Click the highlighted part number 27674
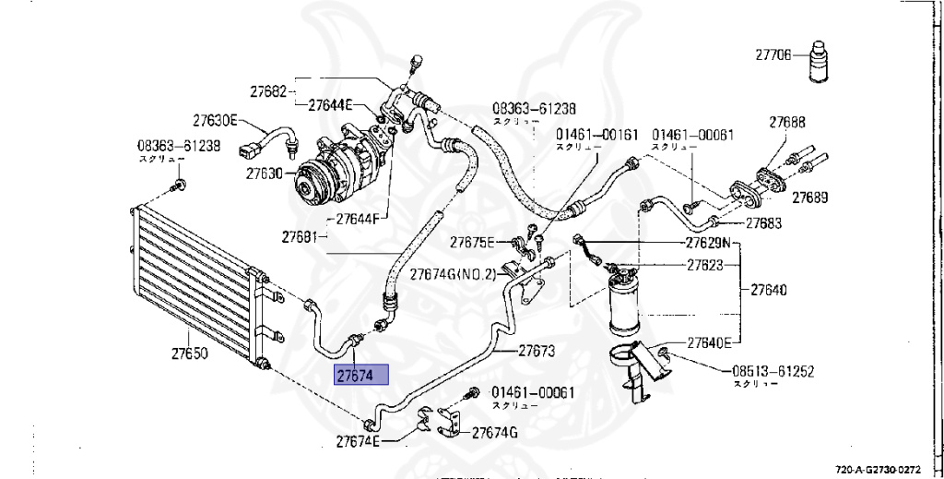pyautogui.click(x=362, y=376)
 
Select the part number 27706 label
pyautogui.click(x=773, y=55)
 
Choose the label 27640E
pyautogui.click(x=707, y=342)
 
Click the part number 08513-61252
pyautogui.click(x=774, y=371)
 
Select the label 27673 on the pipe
pyautogui.click(x=536, y=351)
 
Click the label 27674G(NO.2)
pyautogui.click(x=454, y=273)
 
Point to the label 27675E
pyautogui.click(x=472, y=243)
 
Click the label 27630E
pyautogui.click(x=216, y=120)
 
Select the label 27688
pyautogui.click(x=787, y=121)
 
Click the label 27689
pyautogui.click(x=810, y=198)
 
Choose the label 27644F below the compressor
pyautogui.click(x=359, y=220)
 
